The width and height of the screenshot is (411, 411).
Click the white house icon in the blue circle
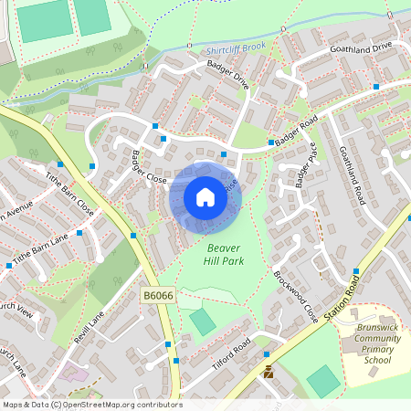pyautogui.click(x=205, y=197)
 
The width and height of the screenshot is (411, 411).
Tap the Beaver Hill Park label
pyautogui.click(x=225, y=254)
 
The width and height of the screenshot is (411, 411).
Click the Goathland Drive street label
pyautogui.click(x=360, y=47)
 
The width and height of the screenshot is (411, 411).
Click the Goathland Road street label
pyautogui.click(x=351, y=174)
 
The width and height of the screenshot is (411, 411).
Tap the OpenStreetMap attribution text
pyautogui.click(x=91, y=405)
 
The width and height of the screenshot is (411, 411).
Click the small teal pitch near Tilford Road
pyautogui.click(x=202, y=321)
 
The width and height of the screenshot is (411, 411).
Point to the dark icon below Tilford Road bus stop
pyautogui.click(x=269, y=372)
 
